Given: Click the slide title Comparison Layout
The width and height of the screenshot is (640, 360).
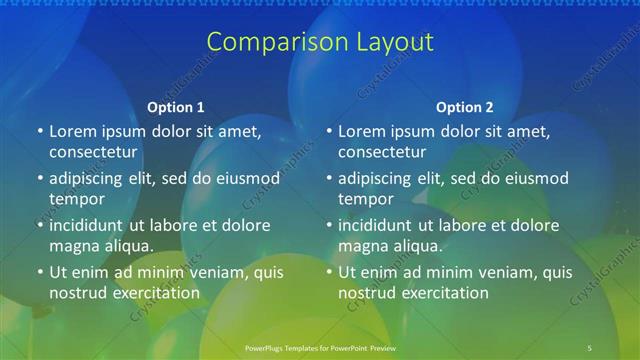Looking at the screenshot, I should tap(320, 42).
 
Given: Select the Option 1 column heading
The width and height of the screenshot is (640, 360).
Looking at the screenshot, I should tap(175, 107).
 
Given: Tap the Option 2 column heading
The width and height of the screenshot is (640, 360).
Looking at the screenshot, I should tap(465, 107).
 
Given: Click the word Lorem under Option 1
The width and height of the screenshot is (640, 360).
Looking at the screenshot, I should tap(72, 131).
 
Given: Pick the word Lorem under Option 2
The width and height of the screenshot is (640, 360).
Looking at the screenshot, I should tap(362, 131).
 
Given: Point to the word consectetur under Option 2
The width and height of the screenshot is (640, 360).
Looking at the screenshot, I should tap(382, 152).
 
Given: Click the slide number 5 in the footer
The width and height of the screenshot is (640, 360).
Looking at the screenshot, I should tap(590, 347).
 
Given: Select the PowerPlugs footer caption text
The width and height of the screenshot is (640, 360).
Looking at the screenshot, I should tap(320, 347).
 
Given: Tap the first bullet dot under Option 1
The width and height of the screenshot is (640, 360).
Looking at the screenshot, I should tap(39, 132).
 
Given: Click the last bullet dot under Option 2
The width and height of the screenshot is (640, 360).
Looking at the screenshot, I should tap(329, 272).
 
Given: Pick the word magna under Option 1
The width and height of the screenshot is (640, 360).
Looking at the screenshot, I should tap(73, 245).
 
